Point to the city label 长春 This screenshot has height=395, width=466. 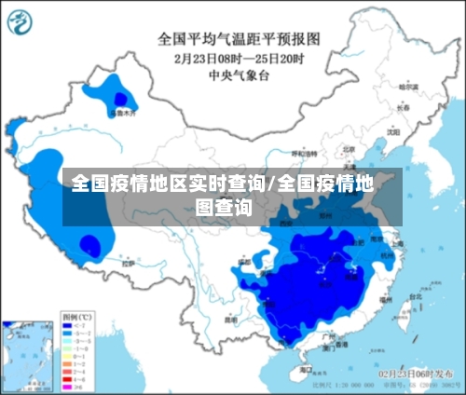[x=402, y=108]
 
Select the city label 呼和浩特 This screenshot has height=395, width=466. [x=304, y=153]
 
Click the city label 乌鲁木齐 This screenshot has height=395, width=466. [x=123, y=113]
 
